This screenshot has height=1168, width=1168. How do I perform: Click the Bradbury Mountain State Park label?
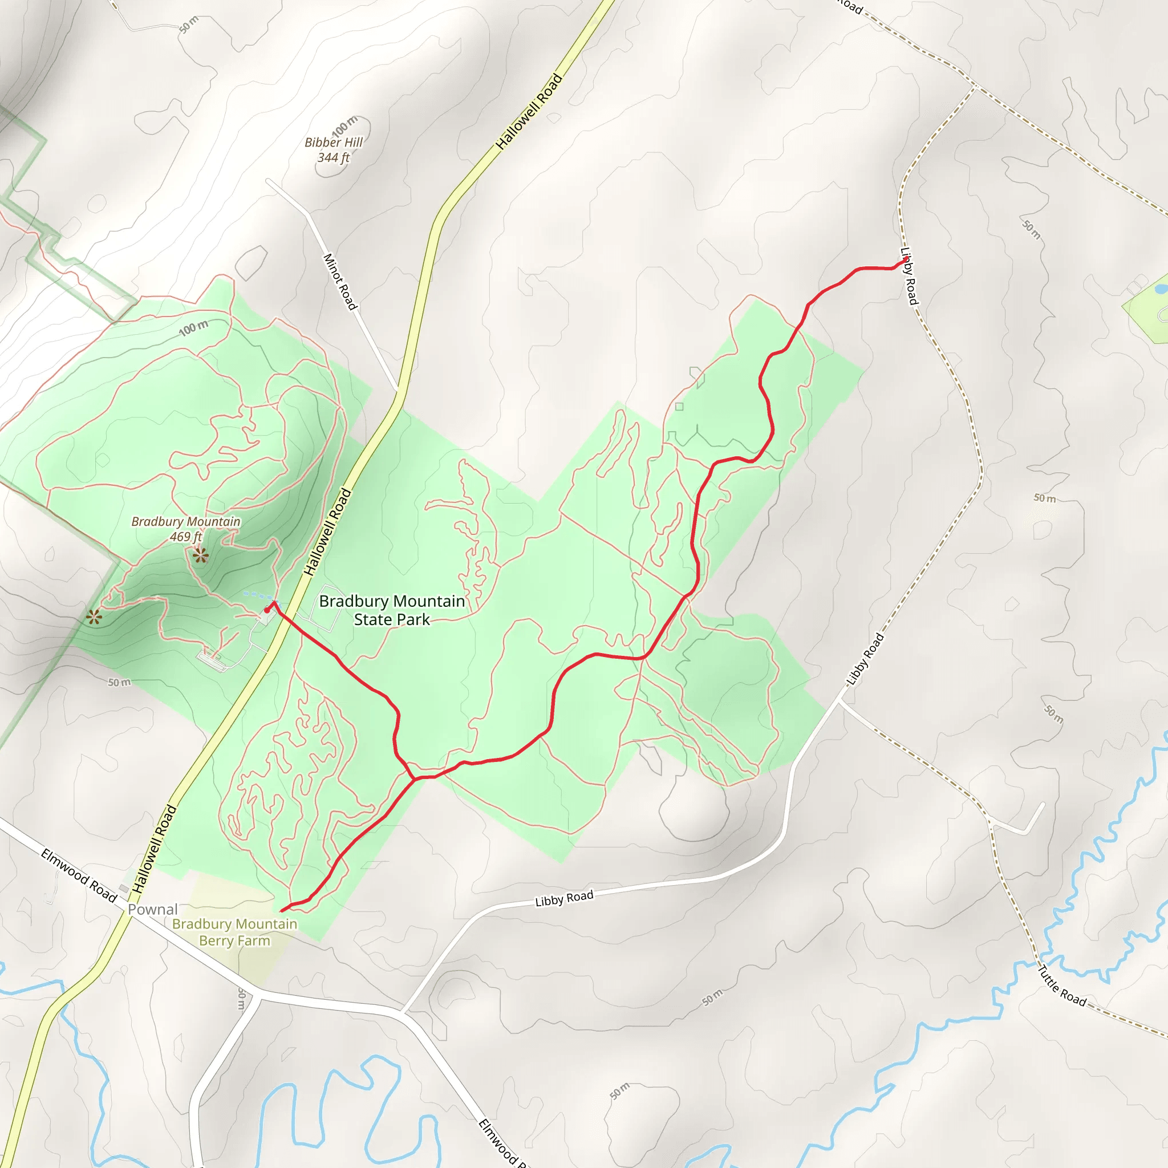392,610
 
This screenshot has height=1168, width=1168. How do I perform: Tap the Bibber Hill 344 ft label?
334,150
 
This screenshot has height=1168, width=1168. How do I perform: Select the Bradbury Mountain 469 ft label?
185,528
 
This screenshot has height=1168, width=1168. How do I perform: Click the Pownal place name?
152,909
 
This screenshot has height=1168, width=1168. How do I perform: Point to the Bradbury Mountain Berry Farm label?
234,932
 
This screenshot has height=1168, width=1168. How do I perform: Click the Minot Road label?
340,282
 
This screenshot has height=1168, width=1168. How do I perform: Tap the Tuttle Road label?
1061,985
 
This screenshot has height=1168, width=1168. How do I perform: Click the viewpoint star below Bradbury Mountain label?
200,555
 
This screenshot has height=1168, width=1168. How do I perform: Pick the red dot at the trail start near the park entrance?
267,611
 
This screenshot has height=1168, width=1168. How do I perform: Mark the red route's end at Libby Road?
905,261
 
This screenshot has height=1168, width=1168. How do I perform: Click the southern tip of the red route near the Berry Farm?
282,910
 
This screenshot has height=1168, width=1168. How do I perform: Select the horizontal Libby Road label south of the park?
564,898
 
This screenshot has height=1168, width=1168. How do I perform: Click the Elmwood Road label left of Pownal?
79,875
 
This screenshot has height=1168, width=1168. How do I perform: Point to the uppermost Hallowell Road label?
529,112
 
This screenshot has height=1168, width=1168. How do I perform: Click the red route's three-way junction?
415,777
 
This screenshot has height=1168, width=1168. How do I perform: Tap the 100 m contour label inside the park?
193,328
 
